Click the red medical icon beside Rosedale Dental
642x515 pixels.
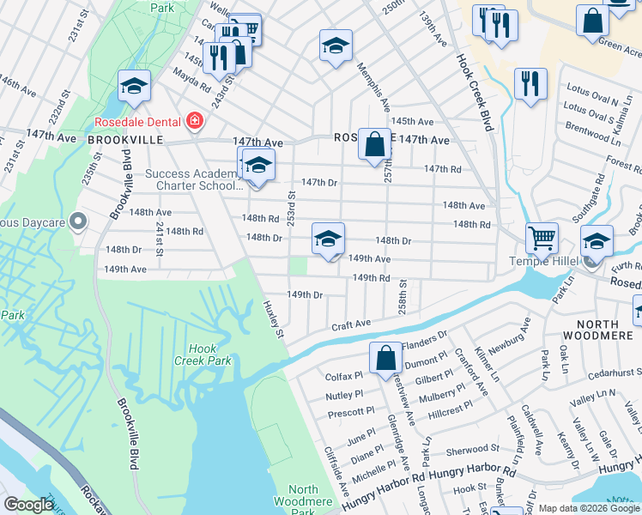[195, 120]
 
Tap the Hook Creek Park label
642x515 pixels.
[209, 354]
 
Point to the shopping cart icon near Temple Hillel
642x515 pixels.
[541, 237]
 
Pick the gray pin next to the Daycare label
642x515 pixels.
[78, 222]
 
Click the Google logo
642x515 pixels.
[28, 505]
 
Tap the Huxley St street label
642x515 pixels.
[273, 318]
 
